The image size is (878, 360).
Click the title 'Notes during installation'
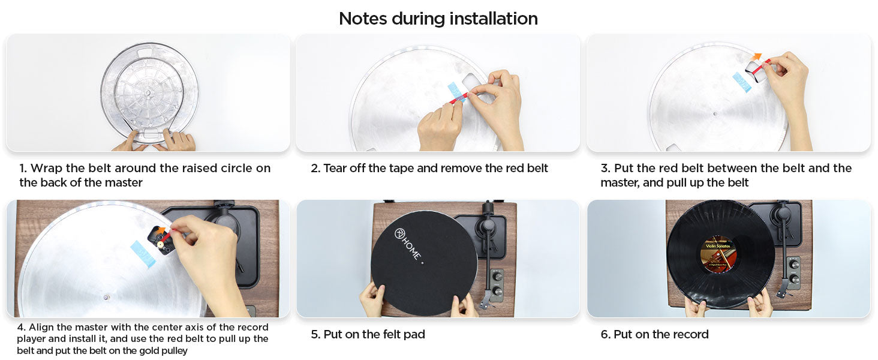[438, 19]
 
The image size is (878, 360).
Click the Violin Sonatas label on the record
[718, 253]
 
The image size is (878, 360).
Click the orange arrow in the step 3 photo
[757, 57]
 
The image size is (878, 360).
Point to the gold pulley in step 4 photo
[160, 245]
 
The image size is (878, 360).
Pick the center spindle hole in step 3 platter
[715, 114]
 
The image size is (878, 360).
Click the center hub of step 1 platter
[148, 92]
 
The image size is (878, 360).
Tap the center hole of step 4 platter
[106, 298]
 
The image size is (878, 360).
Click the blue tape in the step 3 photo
[742, 82]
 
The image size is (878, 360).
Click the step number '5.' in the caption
[315, 335]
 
